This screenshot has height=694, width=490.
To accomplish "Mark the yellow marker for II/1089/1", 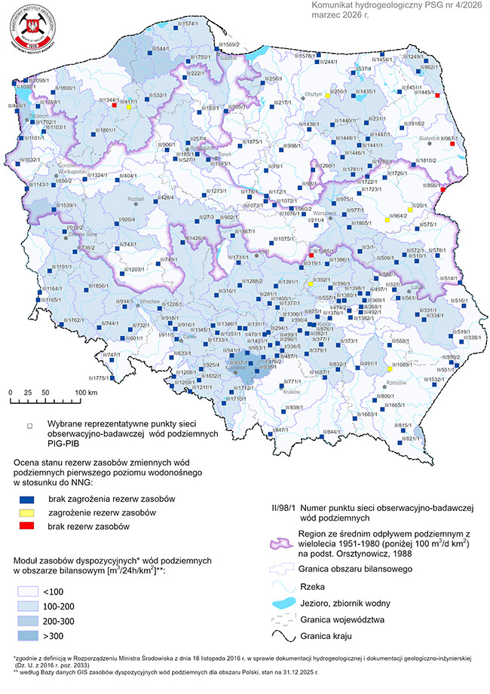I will coord(389,369).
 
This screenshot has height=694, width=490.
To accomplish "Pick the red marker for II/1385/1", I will coord(311,256).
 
